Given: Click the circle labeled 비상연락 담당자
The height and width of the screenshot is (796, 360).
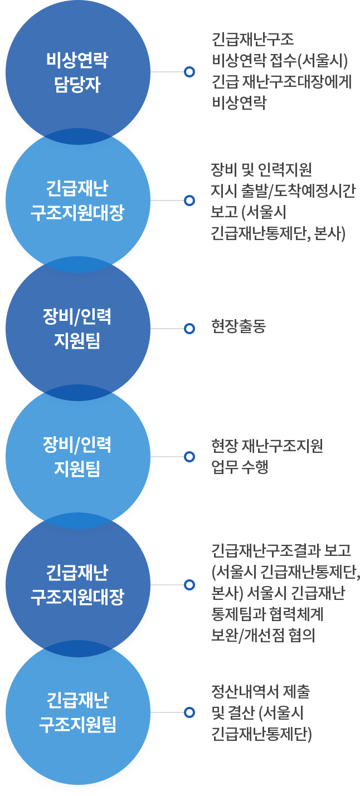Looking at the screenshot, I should (x=77, y=72).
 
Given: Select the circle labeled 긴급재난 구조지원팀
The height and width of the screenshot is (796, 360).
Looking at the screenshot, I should (x=77, y=712).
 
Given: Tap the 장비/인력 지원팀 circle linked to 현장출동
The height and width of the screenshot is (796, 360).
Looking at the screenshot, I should (x=77, y=329).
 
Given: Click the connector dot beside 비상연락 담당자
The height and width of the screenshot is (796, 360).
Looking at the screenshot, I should (x=189, y=72).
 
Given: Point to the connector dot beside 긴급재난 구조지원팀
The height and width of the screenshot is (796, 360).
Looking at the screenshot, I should (x=189, y=712).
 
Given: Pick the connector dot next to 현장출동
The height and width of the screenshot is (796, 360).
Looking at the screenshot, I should (x=189, y=329).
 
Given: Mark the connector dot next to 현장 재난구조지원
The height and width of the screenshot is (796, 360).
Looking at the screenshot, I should (x=189, y=457).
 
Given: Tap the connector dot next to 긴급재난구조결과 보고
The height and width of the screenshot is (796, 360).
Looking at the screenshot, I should (x=189, y=585).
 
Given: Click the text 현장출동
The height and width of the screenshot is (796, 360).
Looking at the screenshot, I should (x=238, y=326).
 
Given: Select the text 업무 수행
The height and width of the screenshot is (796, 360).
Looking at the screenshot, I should (x=240, y=467).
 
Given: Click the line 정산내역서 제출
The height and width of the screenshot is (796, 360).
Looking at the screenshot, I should (x=260, y=692).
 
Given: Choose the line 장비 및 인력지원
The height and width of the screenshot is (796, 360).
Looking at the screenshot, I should (x=261, y=169).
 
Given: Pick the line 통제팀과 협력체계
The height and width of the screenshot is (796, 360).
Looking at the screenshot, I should (x=267, y=614).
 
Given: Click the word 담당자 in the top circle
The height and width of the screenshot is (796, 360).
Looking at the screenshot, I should (x=77, y=86).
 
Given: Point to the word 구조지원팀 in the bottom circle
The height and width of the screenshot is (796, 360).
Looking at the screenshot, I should (x=77, y=726).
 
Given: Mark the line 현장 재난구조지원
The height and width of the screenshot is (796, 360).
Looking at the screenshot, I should (x=267, y=446).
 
